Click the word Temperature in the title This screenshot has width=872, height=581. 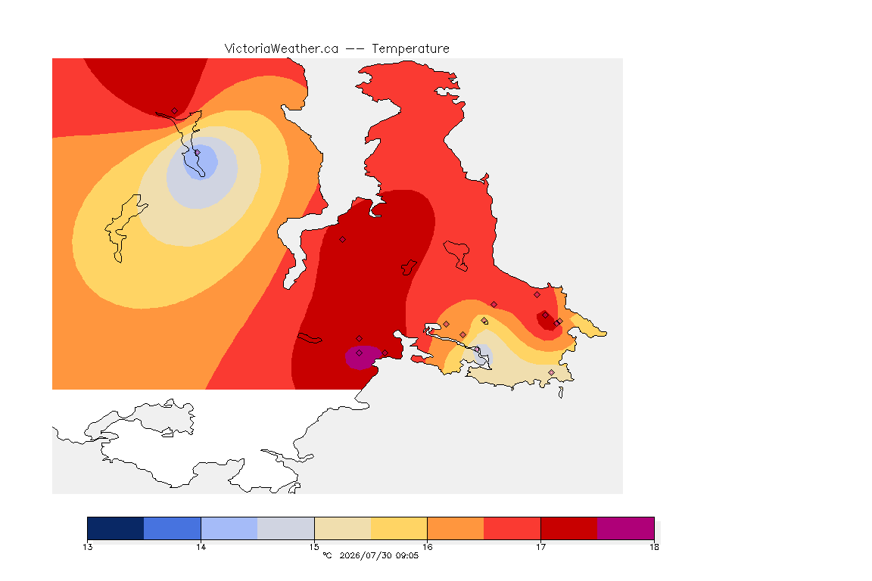click(x=410, y=49)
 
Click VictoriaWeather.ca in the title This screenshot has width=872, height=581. click(x=282, y=49)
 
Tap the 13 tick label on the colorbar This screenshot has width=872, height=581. click(x=87, y=547)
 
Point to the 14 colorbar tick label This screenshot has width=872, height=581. click(x=201, y=547)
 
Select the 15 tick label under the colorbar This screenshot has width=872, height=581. click(x=314, y=547)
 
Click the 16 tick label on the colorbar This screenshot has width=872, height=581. click(x=427, y=547)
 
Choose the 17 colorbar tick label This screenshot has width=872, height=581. click(x=540, y=547)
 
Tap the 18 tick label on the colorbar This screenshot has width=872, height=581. click(x=654, y=547)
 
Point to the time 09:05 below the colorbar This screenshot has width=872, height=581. click(x=407, y=555)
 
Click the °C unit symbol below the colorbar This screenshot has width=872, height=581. click(x=327, y=555)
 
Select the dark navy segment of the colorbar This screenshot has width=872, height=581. click(x=116, y=528)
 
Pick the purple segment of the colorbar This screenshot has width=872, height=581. click(x=626, y=528)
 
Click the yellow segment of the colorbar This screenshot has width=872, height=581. click(x=399, y=528)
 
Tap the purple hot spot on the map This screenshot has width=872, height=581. click(x=362, y=358)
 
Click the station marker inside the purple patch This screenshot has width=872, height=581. click(x=360, y=353)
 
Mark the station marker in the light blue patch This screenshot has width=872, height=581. click(x=197, y=152)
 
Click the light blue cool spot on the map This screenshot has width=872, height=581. click(x=200, y=162)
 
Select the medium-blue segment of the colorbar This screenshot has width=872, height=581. click(x=173, y=528)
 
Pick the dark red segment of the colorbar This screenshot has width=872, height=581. click(x=569, y=528)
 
